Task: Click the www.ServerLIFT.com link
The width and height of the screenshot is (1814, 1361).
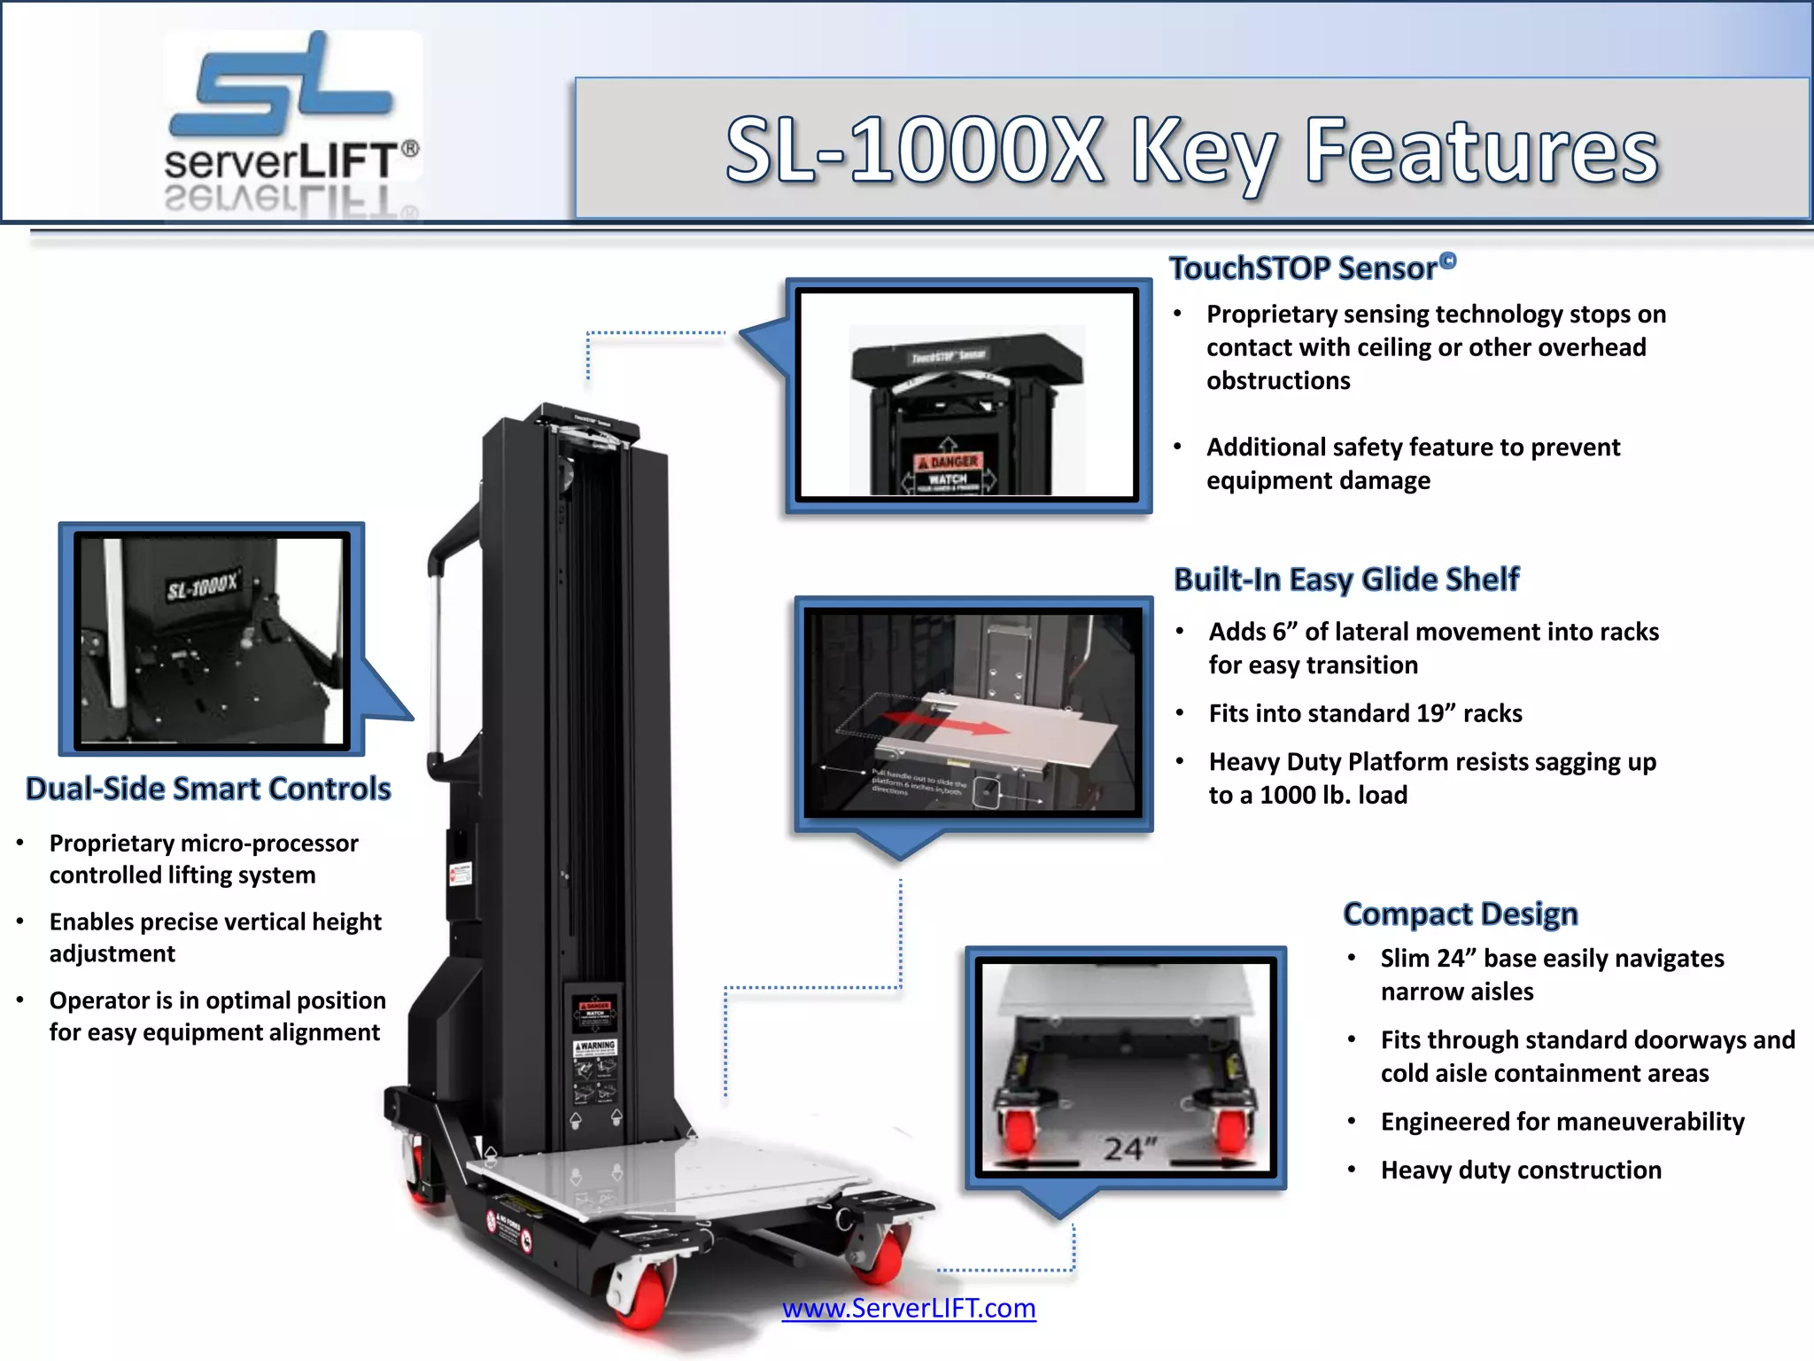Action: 908,1308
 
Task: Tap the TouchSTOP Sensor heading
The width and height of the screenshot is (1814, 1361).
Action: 1303,268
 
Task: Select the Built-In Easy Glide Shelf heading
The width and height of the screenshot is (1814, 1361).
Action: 1345,579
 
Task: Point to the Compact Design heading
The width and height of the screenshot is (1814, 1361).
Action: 1460,914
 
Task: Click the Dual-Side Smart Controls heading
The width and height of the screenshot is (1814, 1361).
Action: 208,789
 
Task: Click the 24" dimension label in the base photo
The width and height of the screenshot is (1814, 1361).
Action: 1130,1148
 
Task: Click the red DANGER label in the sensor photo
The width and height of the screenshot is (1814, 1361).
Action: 948,462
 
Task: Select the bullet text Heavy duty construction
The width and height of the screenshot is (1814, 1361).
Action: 1520,1170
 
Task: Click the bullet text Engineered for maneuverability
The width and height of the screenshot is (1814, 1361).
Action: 1562,1122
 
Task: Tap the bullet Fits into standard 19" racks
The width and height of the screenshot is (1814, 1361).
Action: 1365,713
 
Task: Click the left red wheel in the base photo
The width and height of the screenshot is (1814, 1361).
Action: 1019,1127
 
